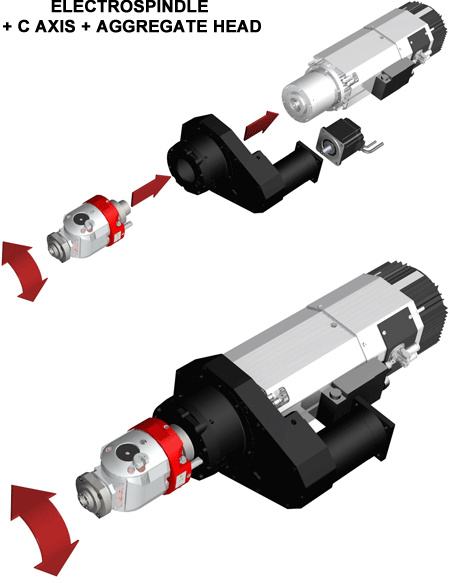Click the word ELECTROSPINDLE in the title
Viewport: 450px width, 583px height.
(129, 7)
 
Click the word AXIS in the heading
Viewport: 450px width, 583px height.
(53, 27)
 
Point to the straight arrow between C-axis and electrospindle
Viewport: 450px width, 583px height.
(261, 126)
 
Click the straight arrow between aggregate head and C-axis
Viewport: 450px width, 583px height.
(151, 190)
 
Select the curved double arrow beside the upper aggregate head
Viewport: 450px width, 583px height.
(24, 270)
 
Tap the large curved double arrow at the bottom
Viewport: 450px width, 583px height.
(44, 529)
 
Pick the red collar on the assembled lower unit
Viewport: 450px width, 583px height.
(164, 454)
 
